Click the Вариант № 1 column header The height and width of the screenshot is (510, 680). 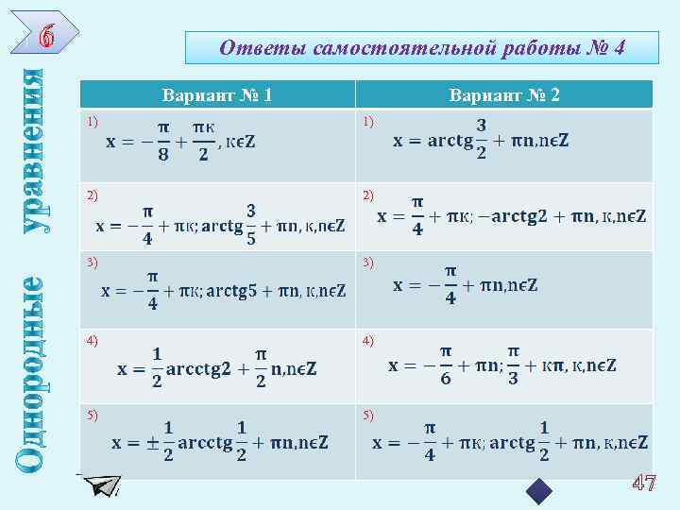[217, 94]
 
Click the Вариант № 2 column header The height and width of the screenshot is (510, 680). [504, 94]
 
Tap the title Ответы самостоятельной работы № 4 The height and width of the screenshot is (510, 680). [421, 47]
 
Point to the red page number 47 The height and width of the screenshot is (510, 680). [644, 484]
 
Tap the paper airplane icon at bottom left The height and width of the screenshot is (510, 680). [100, 485]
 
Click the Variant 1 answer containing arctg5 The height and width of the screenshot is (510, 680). [224, 290]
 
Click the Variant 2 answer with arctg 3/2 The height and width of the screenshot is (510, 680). [481, 140]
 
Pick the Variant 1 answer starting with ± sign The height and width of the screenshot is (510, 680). [220, 442]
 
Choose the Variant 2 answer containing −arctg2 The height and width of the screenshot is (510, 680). [512, 216]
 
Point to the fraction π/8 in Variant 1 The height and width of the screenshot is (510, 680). [163, 142]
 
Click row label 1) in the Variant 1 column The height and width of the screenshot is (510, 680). [91, 121]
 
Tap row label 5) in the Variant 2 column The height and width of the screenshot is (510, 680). [369, 415]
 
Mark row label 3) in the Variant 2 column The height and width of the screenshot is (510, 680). [369, 259]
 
